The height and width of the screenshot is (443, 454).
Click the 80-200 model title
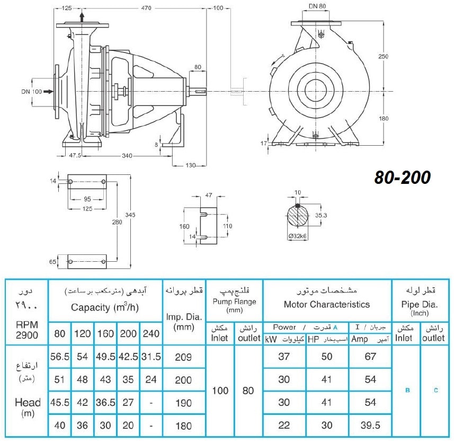tap(402, 177)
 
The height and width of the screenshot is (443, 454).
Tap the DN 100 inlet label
tap(32, 92)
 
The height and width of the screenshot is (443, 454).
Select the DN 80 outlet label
tap(317, 6)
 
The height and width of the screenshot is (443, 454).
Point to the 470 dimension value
tap(146, 8)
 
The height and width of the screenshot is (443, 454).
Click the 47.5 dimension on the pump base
tap(75, 155)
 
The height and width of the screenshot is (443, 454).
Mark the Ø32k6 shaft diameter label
tap(297, 236)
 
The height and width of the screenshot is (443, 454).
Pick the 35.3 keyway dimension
tap(321, 215)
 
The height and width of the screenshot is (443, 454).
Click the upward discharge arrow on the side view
tap(82, 17)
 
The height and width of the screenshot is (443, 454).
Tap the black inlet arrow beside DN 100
tap(48, 92)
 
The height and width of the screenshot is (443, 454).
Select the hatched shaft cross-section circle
tap(297, 216)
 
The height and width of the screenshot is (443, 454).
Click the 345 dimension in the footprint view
tap(130, 215)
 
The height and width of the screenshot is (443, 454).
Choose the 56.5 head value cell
tap(60, 357)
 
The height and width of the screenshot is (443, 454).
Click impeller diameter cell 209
tap(183, 357)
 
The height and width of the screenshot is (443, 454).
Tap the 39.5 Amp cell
tap(370, 425)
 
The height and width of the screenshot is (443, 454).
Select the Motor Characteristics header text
tap(327, 304)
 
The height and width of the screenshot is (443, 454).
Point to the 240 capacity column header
tap(151, 333)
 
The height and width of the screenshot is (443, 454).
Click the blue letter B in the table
tap(408, 391)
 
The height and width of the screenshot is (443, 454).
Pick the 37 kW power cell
tap(284, 357)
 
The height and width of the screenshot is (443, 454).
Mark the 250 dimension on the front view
tap(383, 56)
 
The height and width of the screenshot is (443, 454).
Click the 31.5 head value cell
tap(151, 357)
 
